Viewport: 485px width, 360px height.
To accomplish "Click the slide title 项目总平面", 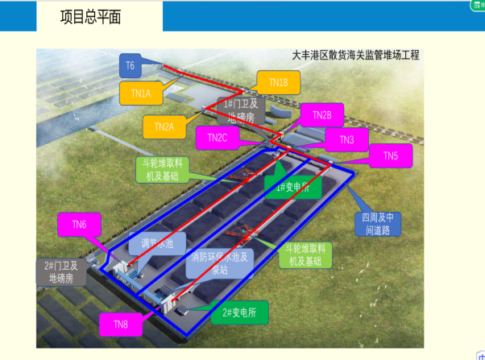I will pos(91,18).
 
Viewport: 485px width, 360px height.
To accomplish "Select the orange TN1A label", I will pos(141,93).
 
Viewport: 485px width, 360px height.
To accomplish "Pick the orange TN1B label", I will pos(279,82).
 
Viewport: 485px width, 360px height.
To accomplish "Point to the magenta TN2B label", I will pos(321,115).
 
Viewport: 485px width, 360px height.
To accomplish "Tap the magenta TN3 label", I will pos(346,140).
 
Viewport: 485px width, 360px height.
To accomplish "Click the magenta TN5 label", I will pos(390,155).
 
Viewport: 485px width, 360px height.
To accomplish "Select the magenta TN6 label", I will pos(79,225).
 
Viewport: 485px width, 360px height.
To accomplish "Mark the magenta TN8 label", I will pos(120,324).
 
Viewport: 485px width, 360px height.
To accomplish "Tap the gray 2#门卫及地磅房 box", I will pos(60,271).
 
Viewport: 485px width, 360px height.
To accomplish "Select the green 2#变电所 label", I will pos(238,311).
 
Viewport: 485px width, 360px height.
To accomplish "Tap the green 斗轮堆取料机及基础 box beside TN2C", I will pos(164,168).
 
